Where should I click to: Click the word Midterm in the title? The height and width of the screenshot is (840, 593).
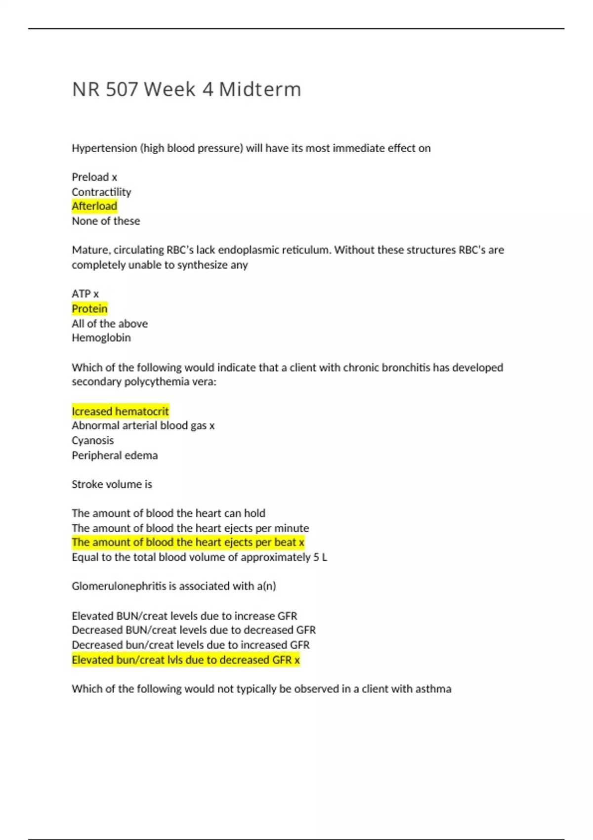click(259, 89)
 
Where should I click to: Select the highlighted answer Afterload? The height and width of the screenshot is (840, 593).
click(94, 206)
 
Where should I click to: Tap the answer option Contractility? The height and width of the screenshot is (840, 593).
click(101, 192)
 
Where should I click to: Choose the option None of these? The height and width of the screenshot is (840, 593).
click(106, 221)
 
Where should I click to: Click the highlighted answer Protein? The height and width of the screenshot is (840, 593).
click(89, 309)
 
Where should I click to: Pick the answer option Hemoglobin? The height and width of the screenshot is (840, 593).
click(101, 338)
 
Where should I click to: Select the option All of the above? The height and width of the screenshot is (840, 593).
click(110, 324)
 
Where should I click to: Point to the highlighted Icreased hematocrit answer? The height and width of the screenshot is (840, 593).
click(120, 411)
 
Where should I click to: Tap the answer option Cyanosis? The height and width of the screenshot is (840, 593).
click(92, 440)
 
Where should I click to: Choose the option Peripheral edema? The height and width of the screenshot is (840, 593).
click(115, 455)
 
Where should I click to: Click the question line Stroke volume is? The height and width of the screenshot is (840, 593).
click(112, 484)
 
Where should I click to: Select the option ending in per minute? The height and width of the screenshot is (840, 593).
click(190, 528)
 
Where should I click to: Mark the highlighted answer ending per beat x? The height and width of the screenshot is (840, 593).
click(188, 542)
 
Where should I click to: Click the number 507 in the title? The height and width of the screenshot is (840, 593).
click(122, 89)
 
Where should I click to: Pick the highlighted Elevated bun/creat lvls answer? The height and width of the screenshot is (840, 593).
click(185, 660)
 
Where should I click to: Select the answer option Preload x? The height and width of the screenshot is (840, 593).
click(94, 177)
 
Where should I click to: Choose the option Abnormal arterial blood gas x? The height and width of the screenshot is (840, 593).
click(143, 425)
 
